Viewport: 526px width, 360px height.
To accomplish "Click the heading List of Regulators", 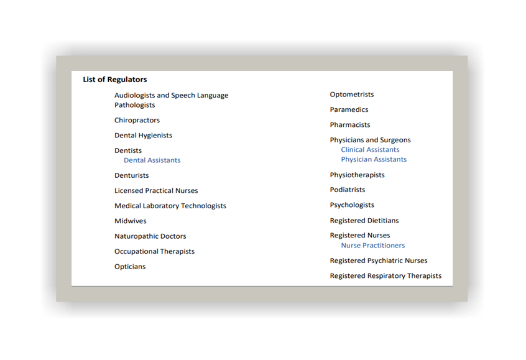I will click(115, 80).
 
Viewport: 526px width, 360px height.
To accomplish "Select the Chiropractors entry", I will click(137, 120).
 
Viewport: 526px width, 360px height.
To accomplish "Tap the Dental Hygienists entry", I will click(143, 136).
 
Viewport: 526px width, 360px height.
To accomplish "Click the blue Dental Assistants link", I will click(152, 160).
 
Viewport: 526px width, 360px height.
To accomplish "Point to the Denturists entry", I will click(131, 175).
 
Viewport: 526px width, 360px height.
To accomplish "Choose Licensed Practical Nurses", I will click(156, 191).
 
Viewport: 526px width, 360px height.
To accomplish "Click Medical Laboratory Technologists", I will click(170, 206).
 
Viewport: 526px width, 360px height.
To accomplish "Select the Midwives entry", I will click(130, 221).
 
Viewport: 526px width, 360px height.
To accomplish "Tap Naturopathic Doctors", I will click(150, 236).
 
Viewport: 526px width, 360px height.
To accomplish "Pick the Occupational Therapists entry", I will click(154, 252).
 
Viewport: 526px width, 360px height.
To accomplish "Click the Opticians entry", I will click(130, 267).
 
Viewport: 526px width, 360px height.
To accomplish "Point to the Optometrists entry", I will click(352, 95).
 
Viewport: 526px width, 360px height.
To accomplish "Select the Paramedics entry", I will click(349, 110).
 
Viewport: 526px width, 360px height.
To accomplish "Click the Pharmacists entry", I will click(350, 125).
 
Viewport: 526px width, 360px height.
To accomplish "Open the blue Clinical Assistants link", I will click(370, 150).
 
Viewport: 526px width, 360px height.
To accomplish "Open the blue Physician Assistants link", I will click(374, 160).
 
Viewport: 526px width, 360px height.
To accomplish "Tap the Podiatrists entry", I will click(348, 190).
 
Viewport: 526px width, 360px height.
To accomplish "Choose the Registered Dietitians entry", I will click(364, 221).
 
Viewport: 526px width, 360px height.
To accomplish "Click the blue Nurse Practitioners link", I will click(372, 246).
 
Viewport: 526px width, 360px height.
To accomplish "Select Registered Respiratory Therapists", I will click(385, 276).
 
